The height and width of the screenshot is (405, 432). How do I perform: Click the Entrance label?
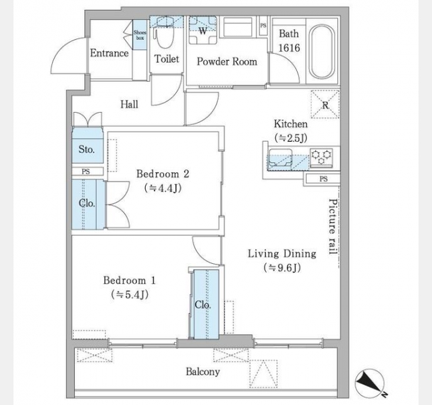click(109, 53)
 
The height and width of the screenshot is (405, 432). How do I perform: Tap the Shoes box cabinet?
click(140, 34)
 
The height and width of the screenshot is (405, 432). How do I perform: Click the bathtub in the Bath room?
click(321, 52)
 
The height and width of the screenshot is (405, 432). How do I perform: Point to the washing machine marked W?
click(202, 30)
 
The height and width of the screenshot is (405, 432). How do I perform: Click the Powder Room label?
click(227, 61)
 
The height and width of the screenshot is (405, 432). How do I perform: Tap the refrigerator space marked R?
click(325, 105)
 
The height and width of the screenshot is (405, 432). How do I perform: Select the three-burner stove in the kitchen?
click(321, 157)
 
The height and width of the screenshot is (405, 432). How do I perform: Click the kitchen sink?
click(281, 158)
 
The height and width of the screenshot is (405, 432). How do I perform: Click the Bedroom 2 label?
click(163, 174)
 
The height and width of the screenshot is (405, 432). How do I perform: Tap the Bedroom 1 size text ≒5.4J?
click(130, 294)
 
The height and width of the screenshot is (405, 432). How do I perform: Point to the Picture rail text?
click(333, 227)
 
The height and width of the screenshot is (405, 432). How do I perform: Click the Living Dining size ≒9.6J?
click(282, 268)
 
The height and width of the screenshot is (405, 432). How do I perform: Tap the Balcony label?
click(202, 372)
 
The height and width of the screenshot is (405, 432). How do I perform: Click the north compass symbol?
click(370, 383)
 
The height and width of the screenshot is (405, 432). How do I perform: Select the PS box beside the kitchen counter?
click(323, 179)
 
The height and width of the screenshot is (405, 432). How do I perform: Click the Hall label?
click(129, 105)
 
